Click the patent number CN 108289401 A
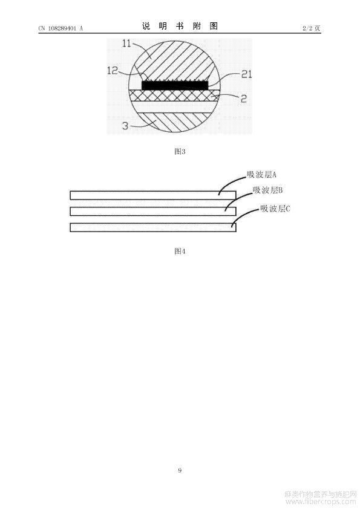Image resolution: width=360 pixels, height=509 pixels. (x=61, y=28)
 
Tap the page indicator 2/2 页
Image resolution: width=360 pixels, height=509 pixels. (x=311, y=28)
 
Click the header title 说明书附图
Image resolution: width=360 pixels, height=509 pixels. (x=180, y=26)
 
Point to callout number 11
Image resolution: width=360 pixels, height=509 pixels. (x=127, y=43)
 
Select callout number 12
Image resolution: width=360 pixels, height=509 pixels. (x=113, y=71)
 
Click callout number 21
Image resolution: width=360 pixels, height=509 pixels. (x=247, y=74)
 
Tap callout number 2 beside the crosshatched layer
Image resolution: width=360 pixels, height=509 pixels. (x=243, y=99)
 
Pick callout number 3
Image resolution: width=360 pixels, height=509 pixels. (x=125, y=126)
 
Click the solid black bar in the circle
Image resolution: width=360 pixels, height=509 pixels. (x=175, y=85)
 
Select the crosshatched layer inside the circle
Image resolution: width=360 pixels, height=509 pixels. (x=174, y=95)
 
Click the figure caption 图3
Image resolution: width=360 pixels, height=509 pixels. (x=180, y=151)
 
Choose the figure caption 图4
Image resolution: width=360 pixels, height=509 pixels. (x=180, y=251)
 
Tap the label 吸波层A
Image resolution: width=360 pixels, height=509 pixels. (x=261, y=175)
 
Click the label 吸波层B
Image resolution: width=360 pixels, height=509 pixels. (x=267, y=190)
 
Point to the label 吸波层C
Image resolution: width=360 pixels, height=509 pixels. (x=275, y=208)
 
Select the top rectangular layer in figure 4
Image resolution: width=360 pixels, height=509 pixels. (x=153, y=195)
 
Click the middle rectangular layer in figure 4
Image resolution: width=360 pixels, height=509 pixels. (x=153, y=212)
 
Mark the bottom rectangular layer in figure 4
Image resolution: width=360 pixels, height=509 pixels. (x=153, y=227)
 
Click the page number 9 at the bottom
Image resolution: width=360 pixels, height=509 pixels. (x=180, y=470)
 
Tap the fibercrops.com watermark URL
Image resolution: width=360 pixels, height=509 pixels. (x=321, y=502)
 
